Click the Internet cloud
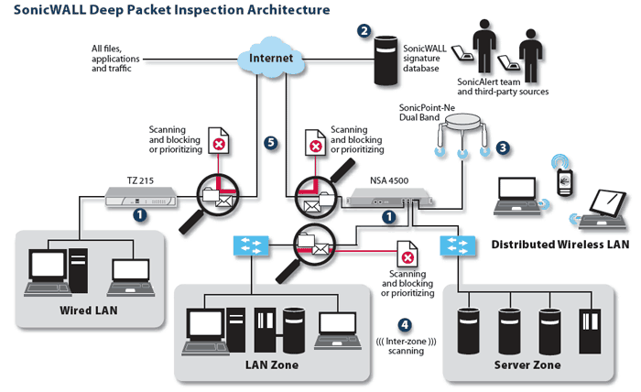coord(272,58)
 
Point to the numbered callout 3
coord(502,147)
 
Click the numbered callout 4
coord(405,323)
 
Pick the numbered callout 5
coord(269,142)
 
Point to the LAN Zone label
coord(272,365)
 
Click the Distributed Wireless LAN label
coord(560,245)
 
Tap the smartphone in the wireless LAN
coord(563,180)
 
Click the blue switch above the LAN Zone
coord(248,245)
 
